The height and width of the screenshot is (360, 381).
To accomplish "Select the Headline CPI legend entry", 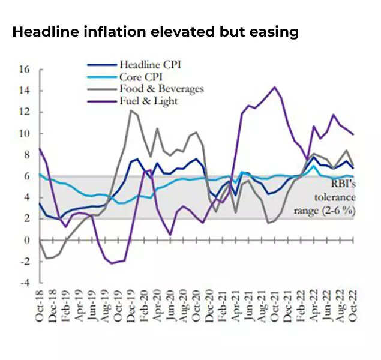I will click(149, 65).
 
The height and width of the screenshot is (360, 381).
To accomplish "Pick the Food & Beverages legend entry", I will click(161, 89).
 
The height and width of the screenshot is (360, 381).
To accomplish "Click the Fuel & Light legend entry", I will click(148, 101).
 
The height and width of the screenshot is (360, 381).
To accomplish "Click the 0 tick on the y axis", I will click(27, 240).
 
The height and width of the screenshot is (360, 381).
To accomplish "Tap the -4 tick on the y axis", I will click(24, 283).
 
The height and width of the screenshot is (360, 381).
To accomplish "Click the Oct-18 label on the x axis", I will click(40, 309).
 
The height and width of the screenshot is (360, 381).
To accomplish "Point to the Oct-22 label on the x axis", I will click(354, 309).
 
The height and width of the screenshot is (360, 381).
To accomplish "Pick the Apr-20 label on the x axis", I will click(158, 309).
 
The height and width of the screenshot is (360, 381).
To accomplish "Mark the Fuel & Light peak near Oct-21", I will click(275, 87).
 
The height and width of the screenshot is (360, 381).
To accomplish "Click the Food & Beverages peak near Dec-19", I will click(131, 110).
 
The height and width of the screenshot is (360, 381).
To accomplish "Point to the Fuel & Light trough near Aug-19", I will click(112, 263).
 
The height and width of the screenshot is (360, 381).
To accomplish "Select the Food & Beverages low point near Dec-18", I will click(47, 259).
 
